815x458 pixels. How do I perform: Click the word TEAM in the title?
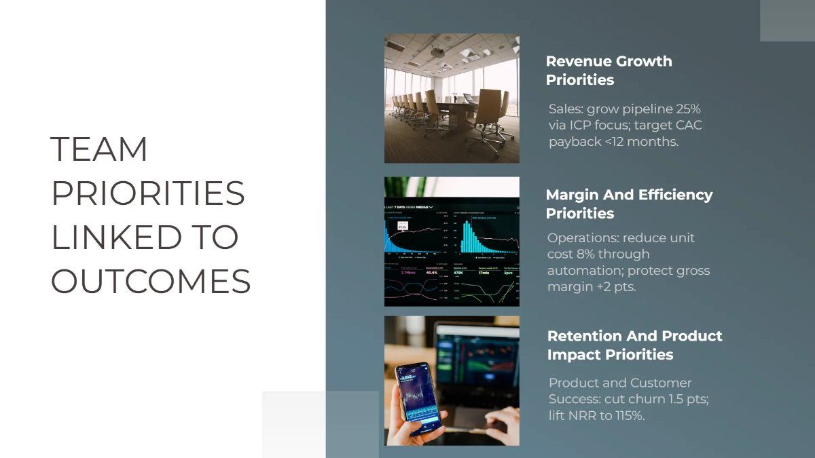(99, 149)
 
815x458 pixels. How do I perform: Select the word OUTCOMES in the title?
(151, 281)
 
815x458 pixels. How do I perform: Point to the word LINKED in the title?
(116, 237)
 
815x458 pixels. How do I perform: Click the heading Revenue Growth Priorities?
(609, 71)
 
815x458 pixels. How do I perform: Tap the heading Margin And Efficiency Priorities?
(629, 204)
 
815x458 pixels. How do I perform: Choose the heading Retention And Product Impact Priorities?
(634, 345)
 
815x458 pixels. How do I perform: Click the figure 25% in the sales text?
(686, 109)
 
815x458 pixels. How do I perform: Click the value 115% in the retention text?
(629, 415)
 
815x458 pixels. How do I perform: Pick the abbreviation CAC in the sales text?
(687, 126)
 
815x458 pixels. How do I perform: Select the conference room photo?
(452, 98)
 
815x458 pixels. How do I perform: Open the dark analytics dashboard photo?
(452, 242)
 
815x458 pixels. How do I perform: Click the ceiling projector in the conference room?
(437, 50)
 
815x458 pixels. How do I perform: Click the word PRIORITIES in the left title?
(148, 193)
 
